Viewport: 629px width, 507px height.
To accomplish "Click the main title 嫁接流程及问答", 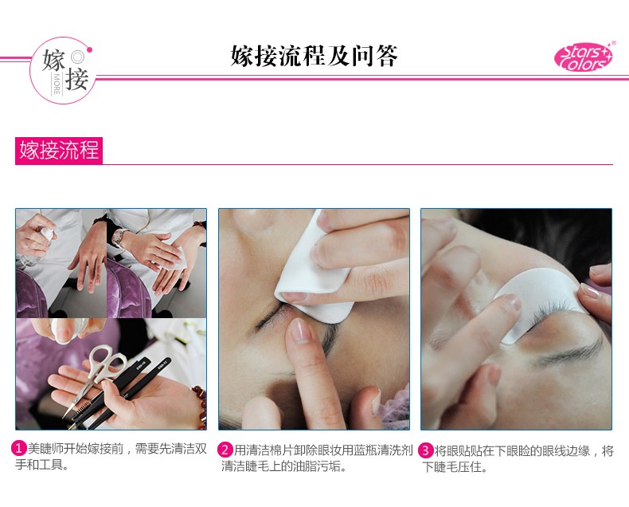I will click(x=314, y=57).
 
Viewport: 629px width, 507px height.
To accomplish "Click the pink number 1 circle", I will click(x=21, y=450).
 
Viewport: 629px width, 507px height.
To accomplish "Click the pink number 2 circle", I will click(x=226, y=450).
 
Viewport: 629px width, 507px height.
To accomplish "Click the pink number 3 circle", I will click(x=427, y=450).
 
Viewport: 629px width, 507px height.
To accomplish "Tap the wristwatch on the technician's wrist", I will click(x=119, y=237).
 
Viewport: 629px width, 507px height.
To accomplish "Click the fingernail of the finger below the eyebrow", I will click(x=300, y=329).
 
